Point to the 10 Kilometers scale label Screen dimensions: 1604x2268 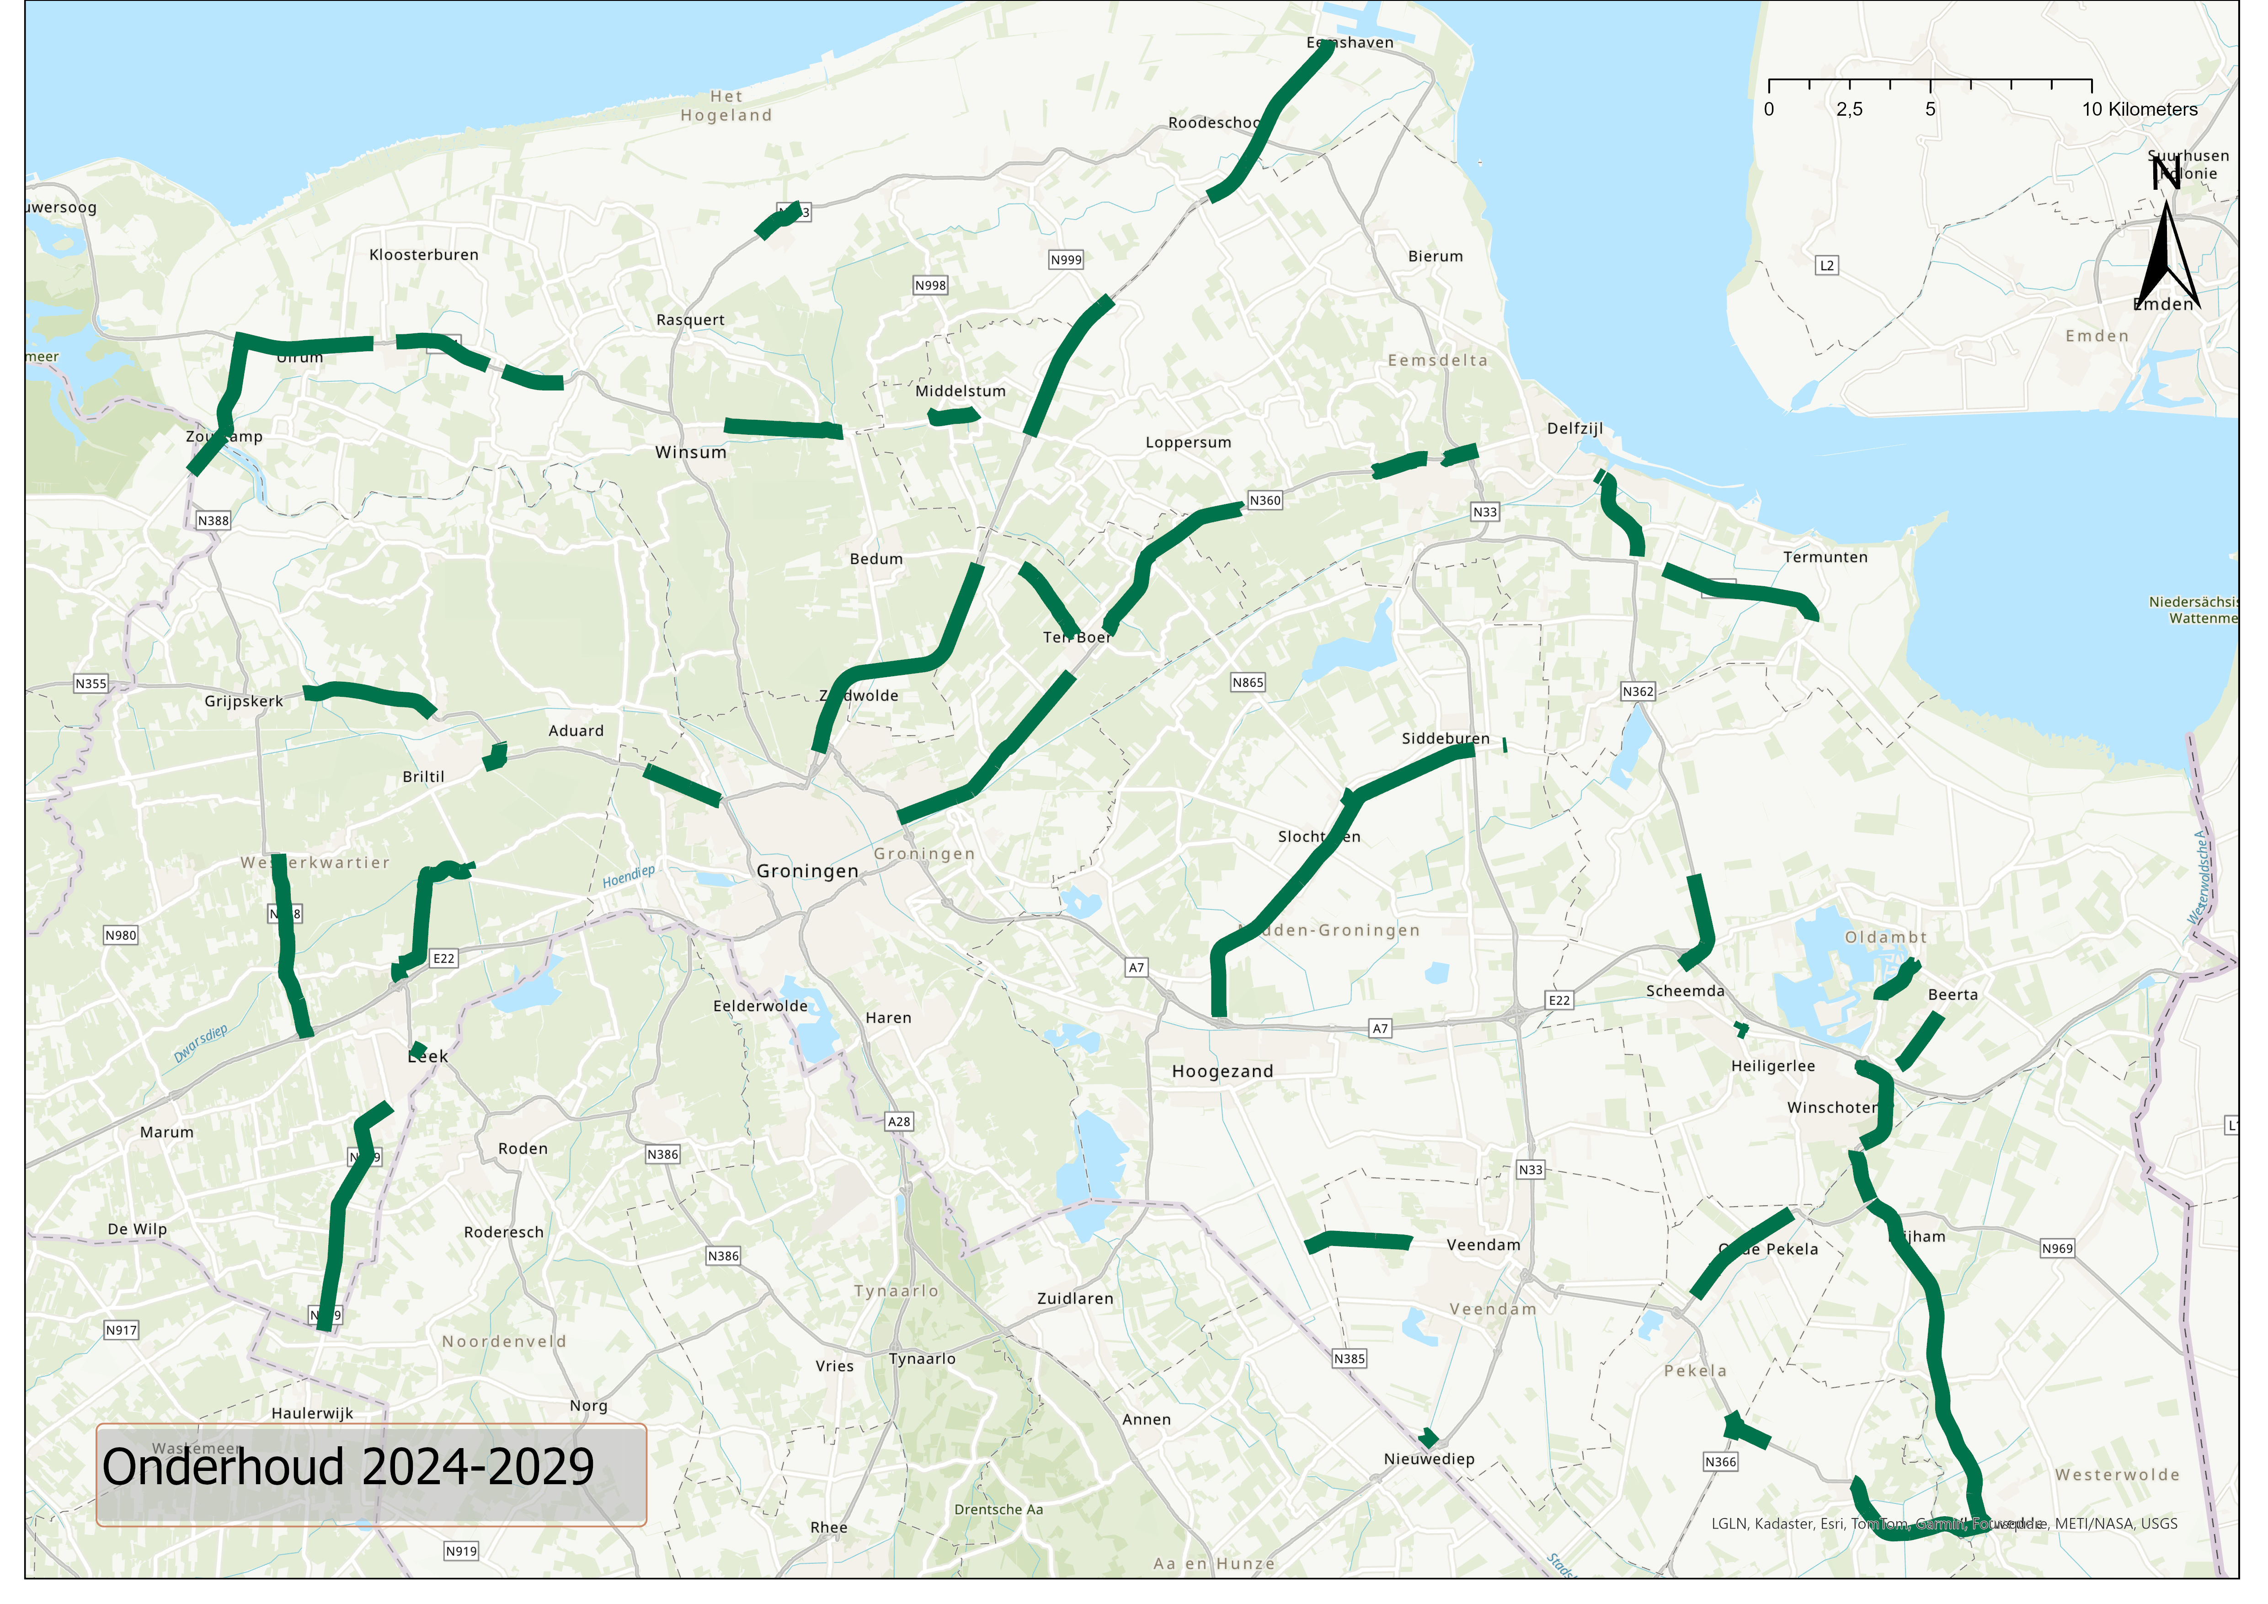point(2140,110)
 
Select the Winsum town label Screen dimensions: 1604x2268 point(690,452)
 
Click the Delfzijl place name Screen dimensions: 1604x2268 point(1574,428)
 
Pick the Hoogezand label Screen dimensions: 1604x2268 point(1222,1072)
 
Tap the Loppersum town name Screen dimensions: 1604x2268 point(1188,443)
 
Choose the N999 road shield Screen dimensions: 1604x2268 point(1066,260)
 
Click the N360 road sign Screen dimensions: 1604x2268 point(1265,501)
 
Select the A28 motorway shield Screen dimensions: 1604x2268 point(899,1122)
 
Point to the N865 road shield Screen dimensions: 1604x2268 point(1248,683)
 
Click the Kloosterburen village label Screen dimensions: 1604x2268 point(424,255)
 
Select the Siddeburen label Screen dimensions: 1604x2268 point(1445,739)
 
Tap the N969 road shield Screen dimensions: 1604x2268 point(2058,1248)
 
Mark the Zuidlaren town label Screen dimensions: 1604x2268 point(1075,1299)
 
